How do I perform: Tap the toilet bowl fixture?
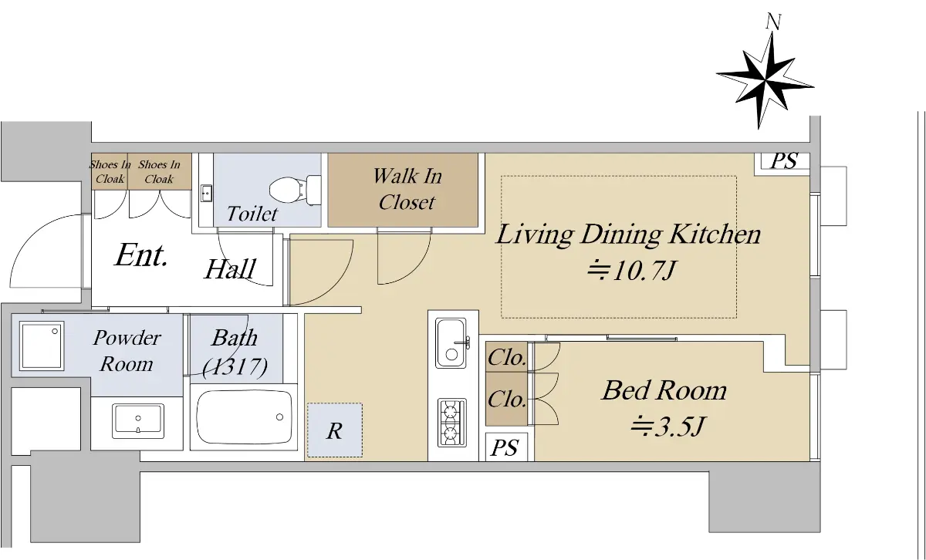click(x=295, y=190)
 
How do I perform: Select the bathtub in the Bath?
click(x=244, y=417)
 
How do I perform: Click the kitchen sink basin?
click(x=451, y=343)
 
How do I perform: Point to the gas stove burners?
click(x=452, y=423)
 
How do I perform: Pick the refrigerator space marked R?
click(x=334, y=430)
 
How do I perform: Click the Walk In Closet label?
click(x=407, y=189)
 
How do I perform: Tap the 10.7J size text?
click(x=632, y=271)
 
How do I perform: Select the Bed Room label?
click(x=664, y=390)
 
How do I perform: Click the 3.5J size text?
click(x=667, y=427)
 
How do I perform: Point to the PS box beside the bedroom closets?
click(x=505, y=447)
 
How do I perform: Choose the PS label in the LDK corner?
click(x=784, y=160)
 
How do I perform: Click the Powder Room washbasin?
click(x=138, y=421)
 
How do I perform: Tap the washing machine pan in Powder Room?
click(x=42, y=346)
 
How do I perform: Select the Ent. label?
click(x=141, y=255)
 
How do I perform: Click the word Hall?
click(x=231, y=269)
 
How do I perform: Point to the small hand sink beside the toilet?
click(x=206, y=194)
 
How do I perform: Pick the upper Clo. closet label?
click(x=506, y=357)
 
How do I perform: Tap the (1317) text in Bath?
click(x=235, y=366)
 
